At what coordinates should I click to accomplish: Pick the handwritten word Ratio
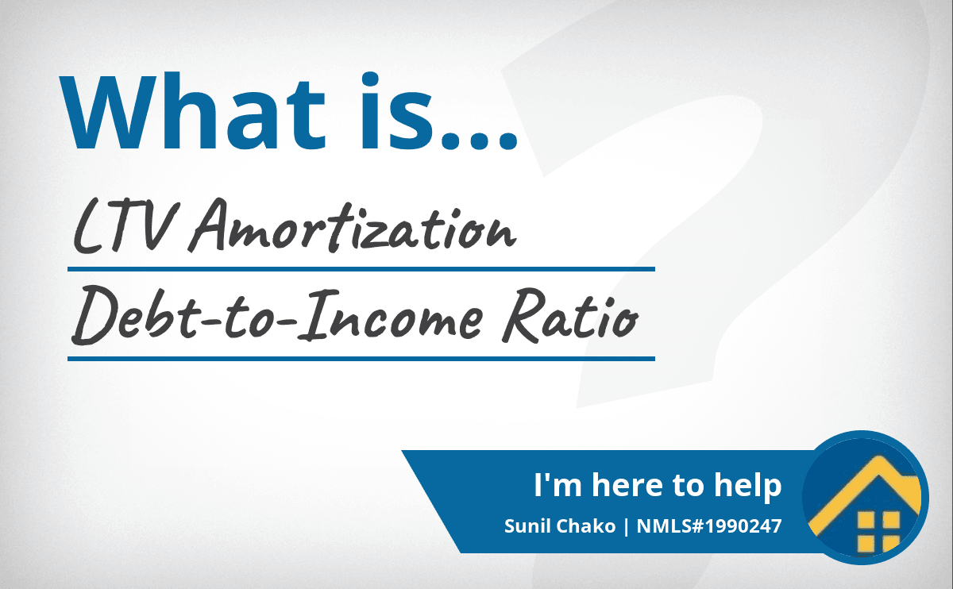coord(570,316)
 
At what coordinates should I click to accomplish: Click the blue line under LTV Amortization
coord(361,269)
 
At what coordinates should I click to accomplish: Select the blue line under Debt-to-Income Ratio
coord(361,359)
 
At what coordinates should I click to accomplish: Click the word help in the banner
coord(747,486)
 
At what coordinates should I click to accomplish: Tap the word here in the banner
coord(627,484)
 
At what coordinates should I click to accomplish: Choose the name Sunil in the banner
coord(527,526)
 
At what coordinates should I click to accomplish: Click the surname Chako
coord(586,526)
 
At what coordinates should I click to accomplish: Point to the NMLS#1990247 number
coord(709,526)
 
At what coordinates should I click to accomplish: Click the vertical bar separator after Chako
coord(626,526)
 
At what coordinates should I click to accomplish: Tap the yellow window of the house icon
coord(878,532)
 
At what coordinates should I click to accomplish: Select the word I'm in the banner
coord(558,484)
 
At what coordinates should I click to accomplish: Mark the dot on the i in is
coord(370,79)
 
